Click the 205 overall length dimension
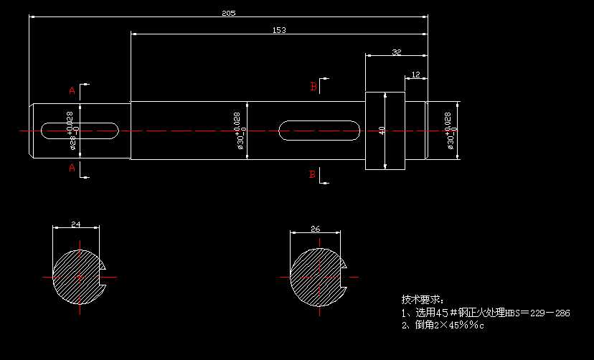(x=228, y=13)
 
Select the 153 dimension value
(x=278, y=29)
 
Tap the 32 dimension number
(x=396, y=52)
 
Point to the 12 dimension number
(x=416, y=75)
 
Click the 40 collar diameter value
(x=382, y=131)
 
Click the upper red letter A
(x=72, y=91)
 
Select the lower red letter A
(x=72, y=168)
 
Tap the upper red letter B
(x=313, y=87)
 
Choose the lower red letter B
(x=313, y=174)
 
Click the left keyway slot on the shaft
(x=80, y=131)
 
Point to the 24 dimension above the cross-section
(x=75, y=224)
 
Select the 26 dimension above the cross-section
(x=314, y=229)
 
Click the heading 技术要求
(x=423, y=298)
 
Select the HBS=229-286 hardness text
(x=537, y=313)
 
